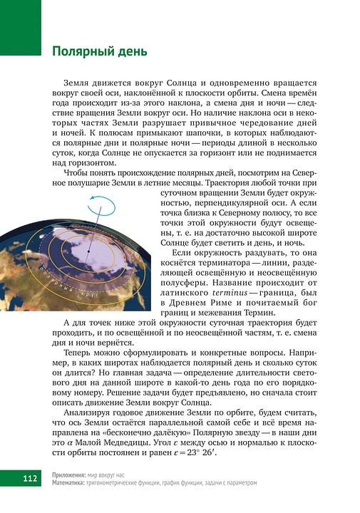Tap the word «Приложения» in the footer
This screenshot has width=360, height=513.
(71, 474)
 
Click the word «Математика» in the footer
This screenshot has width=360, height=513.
(72, 482)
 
